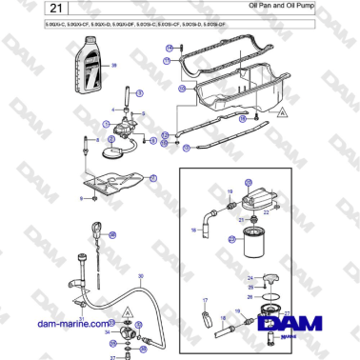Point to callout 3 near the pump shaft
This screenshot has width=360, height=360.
[x=139, y=93]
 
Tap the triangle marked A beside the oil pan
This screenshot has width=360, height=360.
[x=283, y=112]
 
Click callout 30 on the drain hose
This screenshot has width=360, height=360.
[x=140, y=277]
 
